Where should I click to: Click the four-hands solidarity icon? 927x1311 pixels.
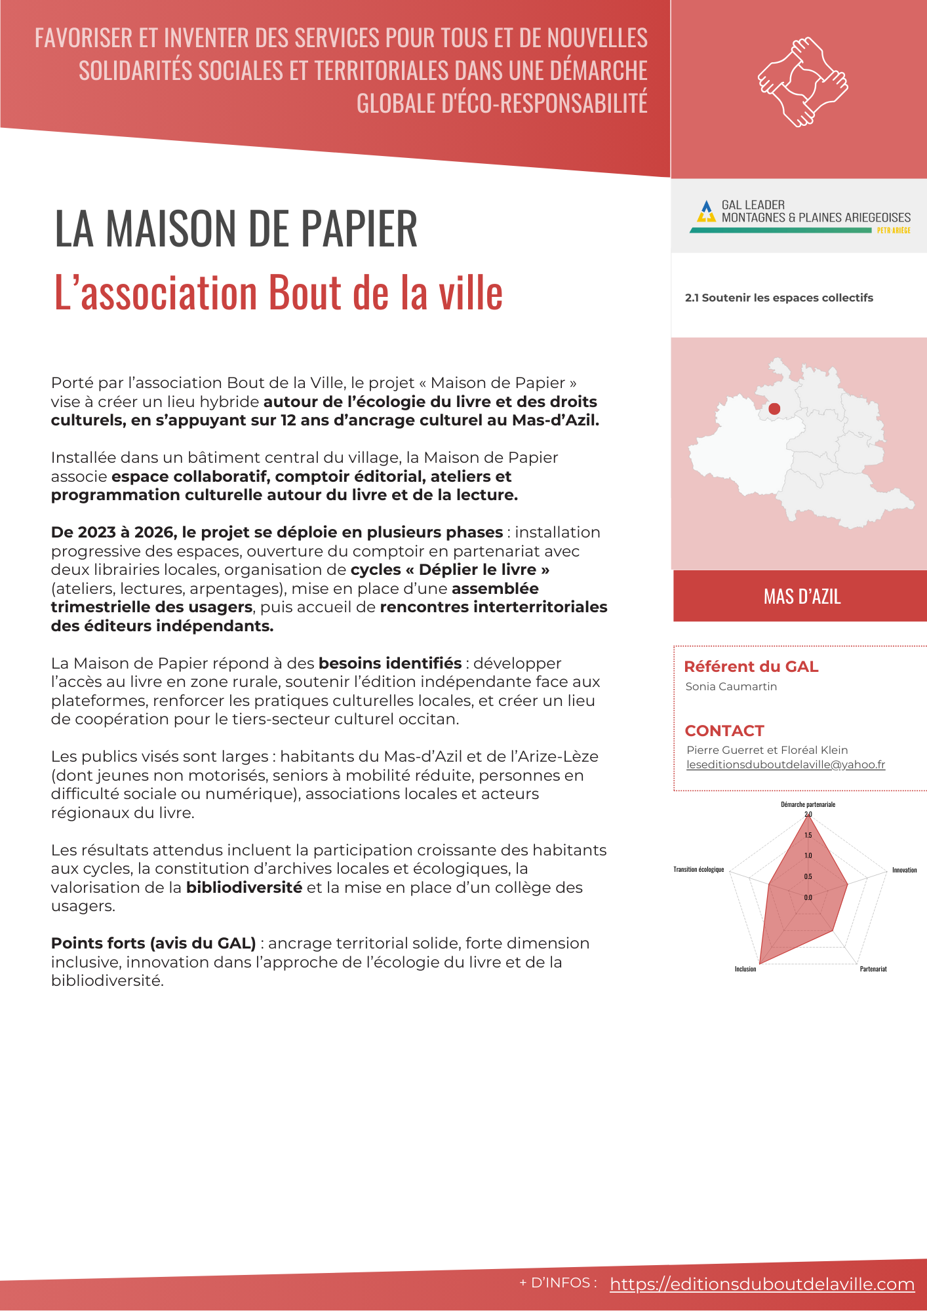click(x=802, y=83)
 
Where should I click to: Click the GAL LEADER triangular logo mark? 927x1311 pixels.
click(x=706, y=211)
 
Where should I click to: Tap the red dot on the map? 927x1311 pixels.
click(x=774, y=408)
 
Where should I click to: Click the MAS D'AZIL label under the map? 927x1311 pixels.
click(x=802, y=597)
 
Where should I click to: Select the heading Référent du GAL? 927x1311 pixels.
click(x=751, y=667)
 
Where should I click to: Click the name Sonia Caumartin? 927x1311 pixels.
click(x=731, y=686)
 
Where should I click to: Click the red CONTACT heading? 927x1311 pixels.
click(x=724, y=731)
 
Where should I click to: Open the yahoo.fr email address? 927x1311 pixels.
click(x=785, y=764)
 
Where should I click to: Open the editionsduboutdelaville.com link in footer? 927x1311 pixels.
click(x=762, y=1284)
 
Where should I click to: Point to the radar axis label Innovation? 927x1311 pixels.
click(x=904, y=870)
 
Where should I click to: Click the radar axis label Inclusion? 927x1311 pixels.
click(x=745, y=969)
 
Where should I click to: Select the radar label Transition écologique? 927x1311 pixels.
click(x=699, y=869)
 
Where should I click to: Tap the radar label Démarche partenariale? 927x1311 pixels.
click(x=808, y=804)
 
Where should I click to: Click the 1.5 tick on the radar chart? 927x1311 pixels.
click(x=808, y=835)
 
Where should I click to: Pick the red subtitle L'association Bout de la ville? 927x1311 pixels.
click(x=278, y=292)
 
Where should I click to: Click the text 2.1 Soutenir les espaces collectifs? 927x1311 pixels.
click(x=779, y=298)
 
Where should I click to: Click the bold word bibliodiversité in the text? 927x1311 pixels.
click(x=244, y=888)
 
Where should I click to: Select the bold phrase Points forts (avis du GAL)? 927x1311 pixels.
click(x=153, y=943)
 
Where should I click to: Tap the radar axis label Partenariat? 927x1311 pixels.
click(x=873, y=969)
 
